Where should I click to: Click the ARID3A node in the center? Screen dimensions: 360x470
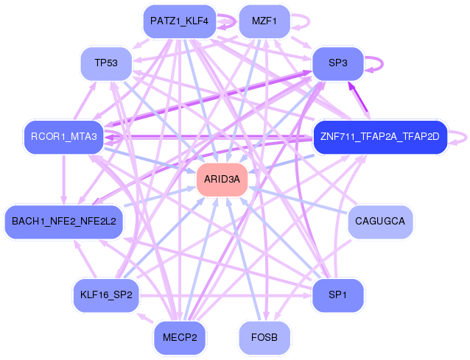pos(222,179)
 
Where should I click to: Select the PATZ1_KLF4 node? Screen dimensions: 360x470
pos(179,21)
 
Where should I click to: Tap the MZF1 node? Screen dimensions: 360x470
pos(264,21)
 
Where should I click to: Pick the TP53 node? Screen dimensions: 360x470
pos(106,63)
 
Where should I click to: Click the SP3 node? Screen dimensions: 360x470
pos(338,63)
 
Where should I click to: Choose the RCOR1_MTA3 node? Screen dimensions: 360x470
pos(64,136)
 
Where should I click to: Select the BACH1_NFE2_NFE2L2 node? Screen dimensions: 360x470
pos(64,222)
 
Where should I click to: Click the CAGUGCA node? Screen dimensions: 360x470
pos(380,221)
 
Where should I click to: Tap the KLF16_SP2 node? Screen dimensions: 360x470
pos(106,295)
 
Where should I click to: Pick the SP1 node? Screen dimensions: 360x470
pos(338,295)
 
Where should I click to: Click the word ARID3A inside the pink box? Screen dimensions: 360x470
pos(222,179)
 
